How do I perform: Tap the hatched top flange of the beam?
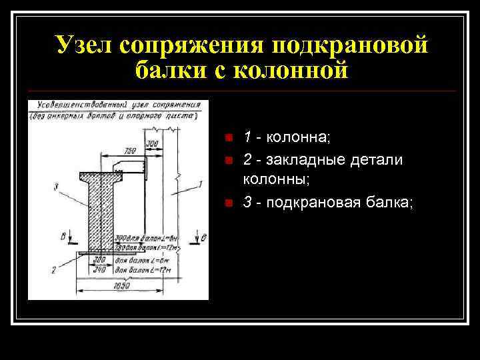point(100,176)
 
